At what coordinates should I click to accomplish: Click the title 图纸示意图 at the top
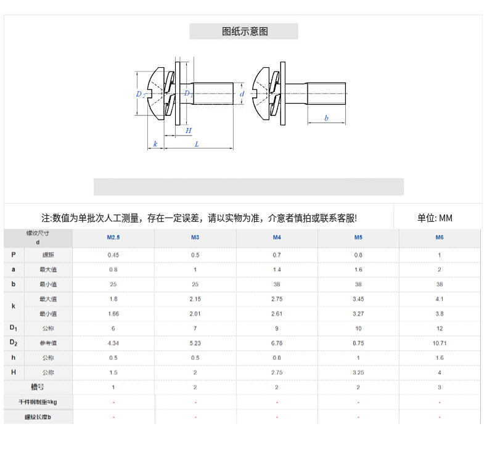pos(245,31)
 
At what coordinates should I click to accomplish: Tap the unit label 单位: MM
pos(435,218)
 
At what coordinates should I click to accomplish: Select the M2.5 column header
pos(113,237)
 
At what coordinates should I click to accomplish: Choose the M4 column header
pos(277,237)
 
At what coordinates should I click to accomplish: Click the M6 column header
pos(440,237)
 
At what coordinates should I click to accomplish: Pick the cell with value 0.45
pos(113,255)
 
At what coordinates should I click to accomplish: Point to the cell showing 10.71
pos(440,342)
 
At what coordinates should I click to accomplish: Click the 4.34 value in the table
pos(113,342)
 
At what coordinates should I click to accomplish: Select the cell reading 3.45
pos(358,298)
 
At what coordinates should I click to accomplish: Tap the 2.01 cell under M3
pos(195,313)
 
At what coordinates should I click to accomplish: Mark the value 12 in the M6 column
pos(440,328)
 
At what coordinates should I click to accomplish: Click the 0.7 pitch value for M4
pos(277,255)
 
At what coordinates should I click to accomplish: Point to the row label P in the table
pos(13,255)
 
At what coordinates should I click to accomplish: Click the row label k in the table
pos(13,306)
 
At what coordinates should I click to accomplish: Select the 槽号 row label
pos(38,387)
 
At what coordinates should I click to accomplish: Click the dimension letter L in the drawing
pos(197,144)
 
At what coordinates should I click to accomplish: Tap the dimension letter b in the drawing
pos(326,118)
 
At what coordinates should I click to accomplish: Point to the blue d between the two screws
pos(242,94)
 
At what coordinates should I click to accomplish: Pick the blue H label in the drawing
pos(189,130)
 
